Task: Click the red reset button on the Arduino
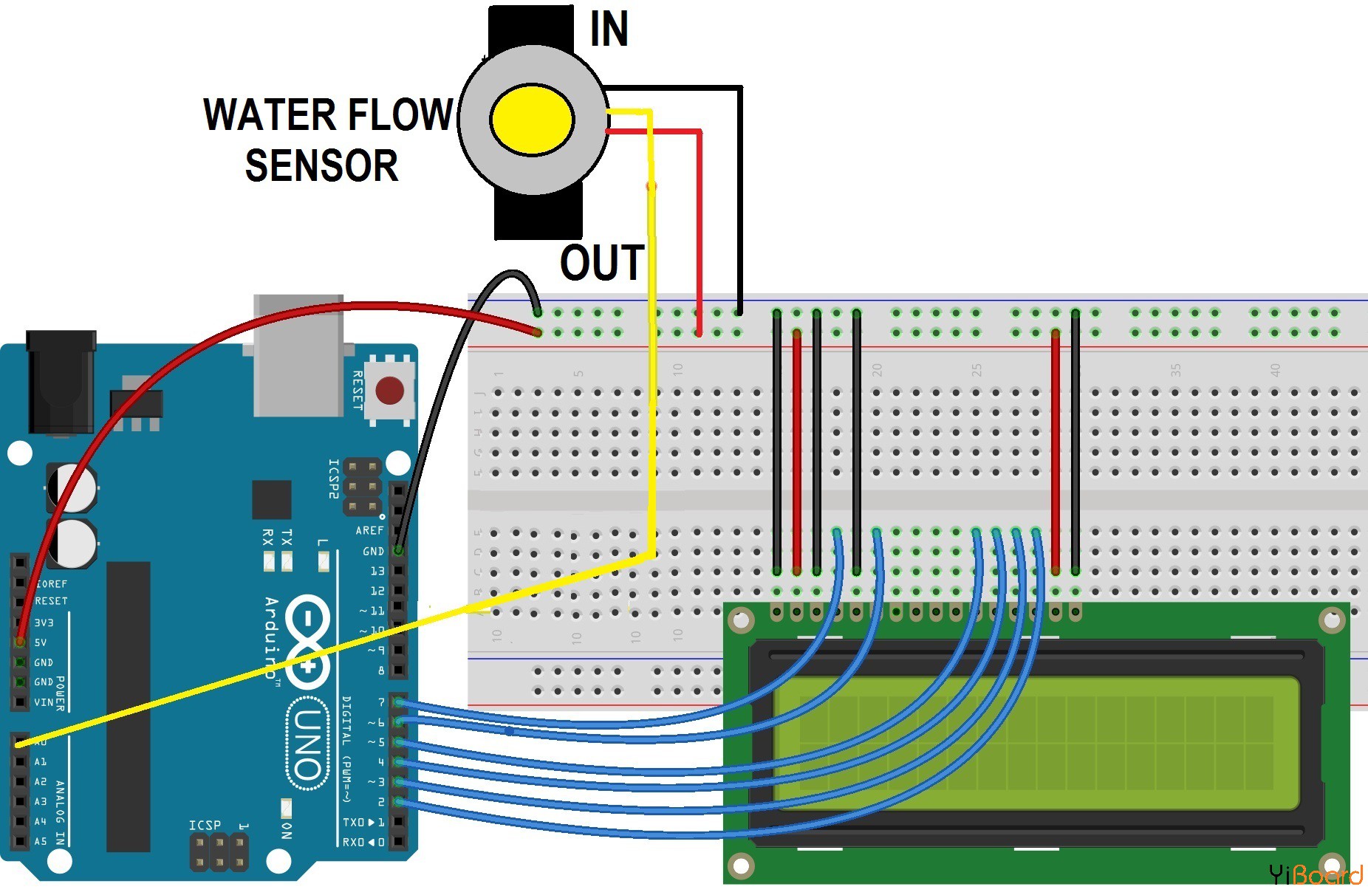[389, 391]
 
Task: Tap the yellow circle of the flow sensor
[532, 120]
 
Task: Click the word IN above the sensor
[609, 30]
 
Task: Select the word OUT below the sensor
[601, 263]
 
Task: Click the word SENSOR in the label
[321, 165]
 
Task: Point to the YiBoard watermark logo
[1316, 875]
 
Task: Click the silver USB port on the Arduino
[298, 354]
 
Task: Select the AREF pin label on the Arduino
[369, 530]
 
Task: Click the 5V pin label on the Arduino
[41, 642]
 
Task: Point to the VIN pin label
[44, 702]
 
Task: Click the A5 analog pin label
[41, 841]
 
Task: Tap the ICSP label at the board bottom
[205, 825]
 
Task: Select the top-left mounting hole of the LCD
[741, 620]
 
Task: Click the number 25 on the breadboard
[977, 369]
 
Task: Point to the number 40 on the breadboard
[1275, 369]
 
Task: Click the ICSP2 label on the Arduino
[334, 479]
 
